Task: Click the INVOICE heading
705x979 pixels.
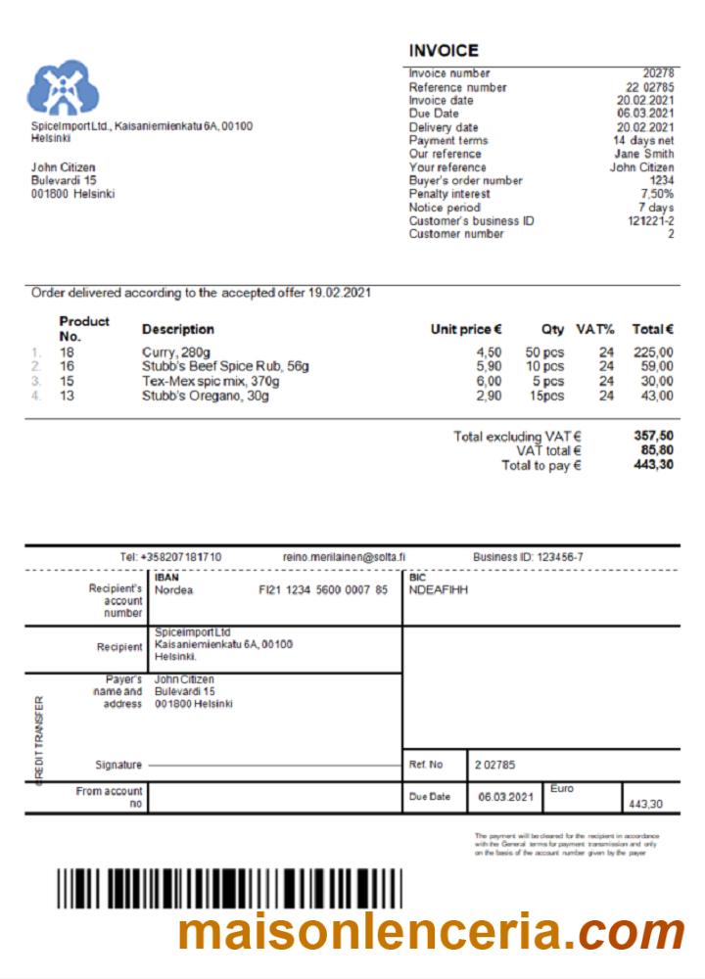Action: pos(444,51)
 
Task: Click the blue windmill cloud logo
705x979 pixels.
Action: pos(64,88)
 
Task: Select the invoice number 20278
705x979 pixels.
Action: pos(658,73)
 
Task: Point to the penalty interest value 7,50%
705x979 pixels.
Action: pos(655,194)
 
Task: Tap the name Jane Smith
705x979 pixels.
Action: pos(643,154)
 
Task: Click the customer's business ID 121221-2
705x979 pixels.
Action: pos(649,220)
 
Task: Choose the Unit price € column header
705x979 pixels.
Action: pos(466,329)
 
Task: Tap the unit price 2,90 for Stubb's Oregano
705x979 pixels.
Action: pos(489,396)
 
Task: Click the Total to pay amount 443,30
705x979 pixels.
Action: pos(653,465)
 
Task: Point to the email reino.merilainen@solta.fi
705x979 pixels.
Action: pos(344,557)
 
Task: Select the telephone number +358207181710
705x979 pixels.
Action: pos(171,557)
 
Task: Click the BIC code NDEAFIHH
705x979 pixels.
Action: pos(439,590)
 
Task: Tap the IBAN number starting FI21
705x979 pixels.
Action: pos(322,590)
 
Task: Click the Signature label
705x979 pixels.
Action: pos(118,765)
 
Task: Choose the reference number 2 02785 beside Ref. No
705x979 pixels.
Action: pos(495,765)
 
